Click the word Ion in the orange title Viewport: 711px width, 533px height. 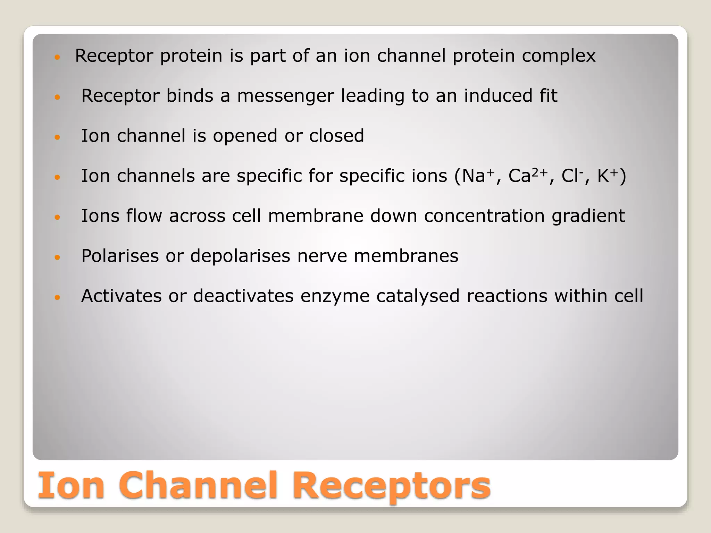[x=71, y=485]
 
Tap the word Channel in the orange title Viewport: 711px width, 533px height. [x=200, y=485]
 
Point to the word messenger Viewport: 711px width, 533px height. [x=285, y=96]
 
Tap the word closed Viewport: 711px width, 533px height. [x=336, y=136]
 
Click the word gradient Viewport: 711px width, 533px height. [x=588, y=216]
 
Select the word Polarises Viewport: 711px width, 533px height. [x=120, y=256]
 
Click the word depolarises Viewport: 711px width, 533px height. [x=240, y=256]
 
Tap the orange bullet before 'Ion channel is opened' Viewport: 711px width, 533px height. [x=58, y=137]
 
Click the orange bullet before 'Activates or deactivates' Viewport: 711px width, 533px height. [x=58, y=297]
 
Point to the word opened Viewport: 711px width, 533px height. [x=245, y=136]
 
